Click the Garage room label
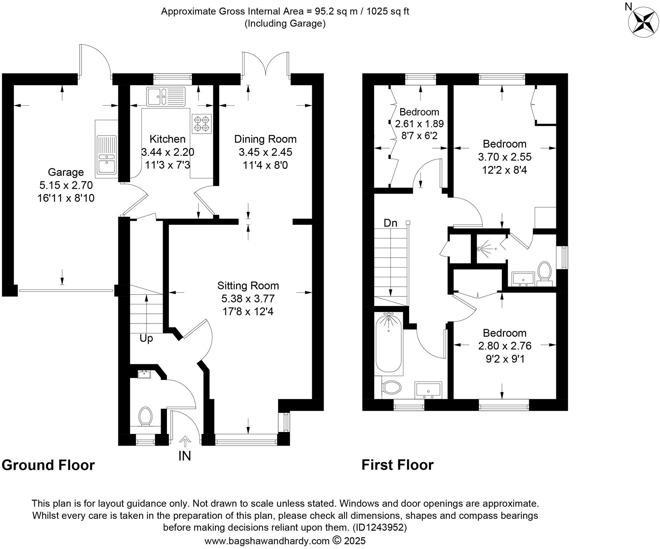coord(66,172)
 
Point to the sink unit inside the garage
coord(106,155)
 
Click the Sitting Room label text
coord(248,285)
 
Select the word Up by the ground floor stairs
coord(146,338)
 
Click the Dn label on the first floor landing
coord(390,223)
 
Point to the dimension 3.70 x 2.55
coord(504,157)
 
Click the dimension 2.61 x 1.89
coord(419,124)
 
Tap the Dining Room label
coord(265,139)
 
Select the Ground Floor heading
coord(48,465)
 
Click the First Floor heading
coord(397,465)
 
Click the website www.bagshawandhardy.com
coord(267,541)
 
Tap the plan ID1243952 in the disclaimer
coord(379,527)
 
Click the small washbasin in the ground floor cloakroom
coord(144,374)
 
